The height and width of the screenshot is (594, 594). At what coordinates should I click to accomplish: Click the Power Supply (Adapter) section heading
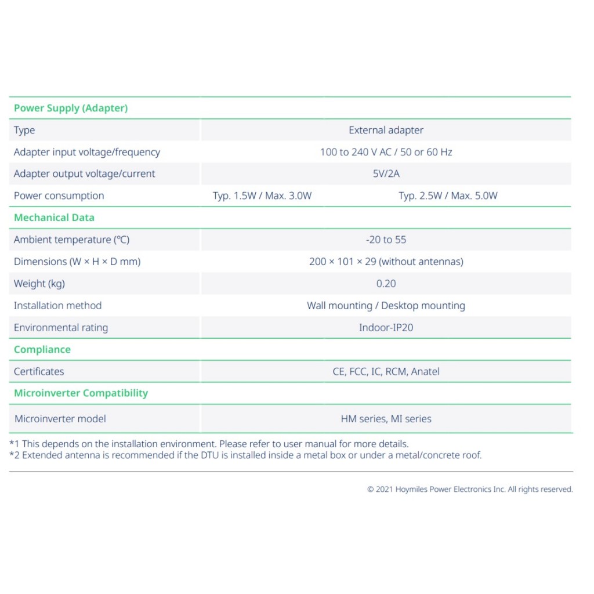pos(71,108)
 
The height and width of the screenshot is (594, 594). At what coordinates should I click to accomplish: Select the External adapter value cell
pos(386,130)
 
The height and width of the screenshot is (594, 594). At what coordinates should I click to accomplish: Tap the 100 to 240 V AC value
pos(386,152)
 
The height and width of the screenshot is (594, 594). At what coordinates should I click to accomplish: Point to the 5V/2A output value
pos(386,173)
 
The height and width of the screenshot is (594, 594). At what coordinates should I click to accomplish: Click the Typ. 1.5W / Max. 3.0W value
pos(262,195)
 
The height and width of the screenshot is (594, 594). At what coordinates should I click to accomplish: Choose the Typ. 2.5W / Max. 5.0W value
pos(448,195)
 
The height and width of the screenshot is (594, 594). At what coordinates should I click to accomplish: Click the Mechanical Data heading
pos(54,218)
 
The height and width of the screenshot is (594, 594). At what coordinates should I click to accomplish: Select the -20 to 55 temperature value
pos(386,240)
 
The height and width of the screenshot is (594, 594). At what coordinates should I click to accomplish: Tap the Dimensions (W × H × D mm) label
pos(77,262)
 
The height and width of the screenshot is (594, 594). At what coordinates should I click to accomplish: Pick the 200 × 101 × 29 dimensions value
pos(386,262)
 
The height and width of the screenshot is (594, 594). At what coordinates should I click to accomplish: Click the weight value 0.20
pos(386,284)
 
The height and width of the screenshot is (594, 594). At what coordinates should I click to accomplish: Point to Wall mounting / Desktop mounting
pos(386,306)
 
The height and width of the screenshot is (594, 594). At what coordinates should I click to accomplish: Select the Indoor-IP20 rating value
pos(386,328)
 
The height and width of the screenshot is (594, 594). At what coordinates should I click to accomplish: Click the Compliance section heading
pos(42,350)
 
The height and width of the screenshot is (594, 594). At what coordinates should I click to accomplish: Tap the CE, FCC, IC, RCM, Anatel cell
pos(386,371)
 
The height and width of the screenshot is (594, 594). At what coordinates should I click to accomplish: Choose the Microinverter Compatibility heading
pos(81,393)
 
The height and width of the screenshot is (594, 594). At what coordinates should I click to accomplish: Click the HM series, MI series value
pos(386,419)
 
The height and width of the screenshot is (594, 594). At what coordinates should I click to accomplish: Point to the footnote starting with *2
pos(245,455)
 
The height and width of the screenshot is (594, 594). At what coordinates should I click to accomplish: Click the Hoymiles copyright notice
pos(470,490)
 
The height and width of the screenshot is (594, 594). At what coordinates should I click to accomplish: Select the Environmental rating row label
pos(61,328)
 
